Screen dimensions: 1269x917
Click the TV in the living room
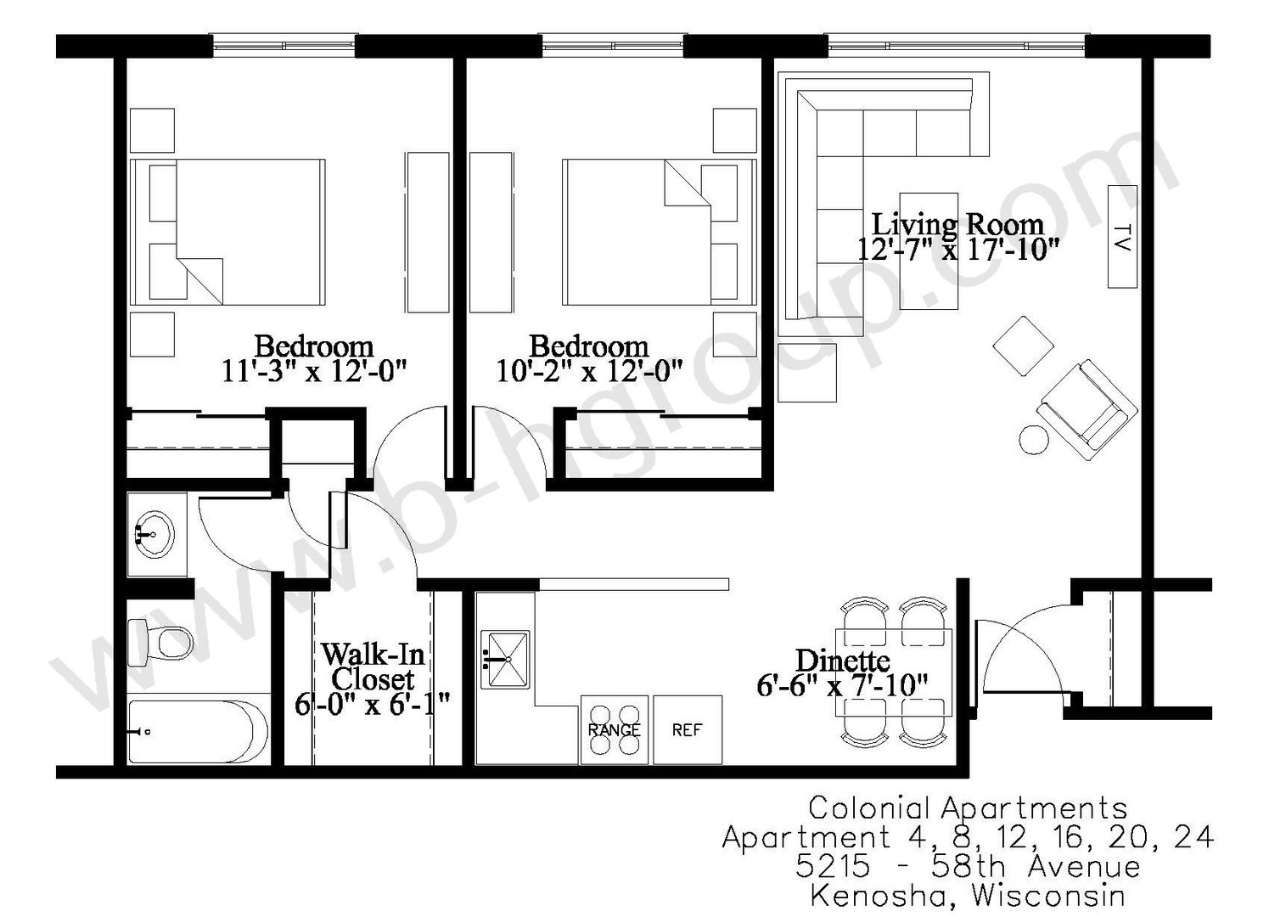1122,236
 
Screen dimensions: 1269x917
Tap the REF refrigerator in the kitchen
688,730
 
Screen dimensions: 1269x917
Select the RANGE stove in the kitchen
614,730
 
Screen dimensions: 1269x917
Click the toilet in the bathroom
160,643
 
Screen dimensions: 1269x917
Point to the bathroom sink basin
156,534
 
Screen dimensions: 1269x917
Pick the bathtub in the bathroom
198,732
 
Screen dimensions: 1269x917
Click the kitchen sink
505,659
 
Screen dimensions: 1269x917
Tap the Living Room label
957,224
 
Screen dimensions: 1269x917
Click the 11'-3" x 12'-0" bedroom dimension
314,372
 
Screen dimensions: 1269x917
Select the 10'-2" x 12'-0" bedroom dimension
589,372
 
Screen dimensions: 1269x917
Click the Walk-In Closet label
373,667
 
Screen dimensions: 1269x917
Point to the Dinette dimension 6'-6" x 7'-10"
842,686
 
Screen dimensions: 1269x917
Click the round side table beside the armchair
1034,439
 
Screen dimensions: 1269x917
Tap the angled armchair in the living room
1087,410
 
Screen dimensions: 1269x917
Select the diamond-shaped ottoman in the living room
1023,346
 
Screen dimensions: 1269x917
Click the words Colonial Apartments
968,807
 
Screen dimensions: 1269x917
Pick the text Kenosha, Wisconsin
968,896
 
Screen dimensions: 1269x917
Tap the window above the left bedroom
284,45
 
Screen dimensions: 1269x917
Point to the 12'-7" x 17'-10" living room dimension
957,250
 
